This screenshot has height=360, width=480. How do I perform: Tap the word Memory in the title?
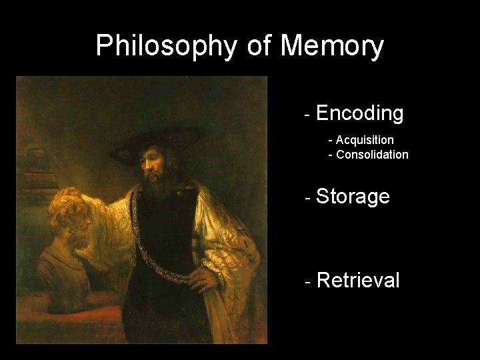pos(332,47)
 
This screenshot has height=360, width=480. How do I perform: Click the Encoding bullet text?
pos(360,113)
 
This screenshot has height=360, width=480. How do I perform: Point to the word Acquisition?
pos(365,140)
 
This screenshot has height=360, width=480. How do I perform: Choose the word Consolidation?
pos(373,155)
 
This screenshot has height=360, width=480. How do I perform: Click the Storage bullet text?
pos(353,197)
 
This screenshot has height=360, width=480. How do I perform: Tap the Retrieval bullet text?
pos(358,280)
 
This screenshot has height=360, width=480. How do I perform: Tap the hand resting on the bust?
pos(69,195)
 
